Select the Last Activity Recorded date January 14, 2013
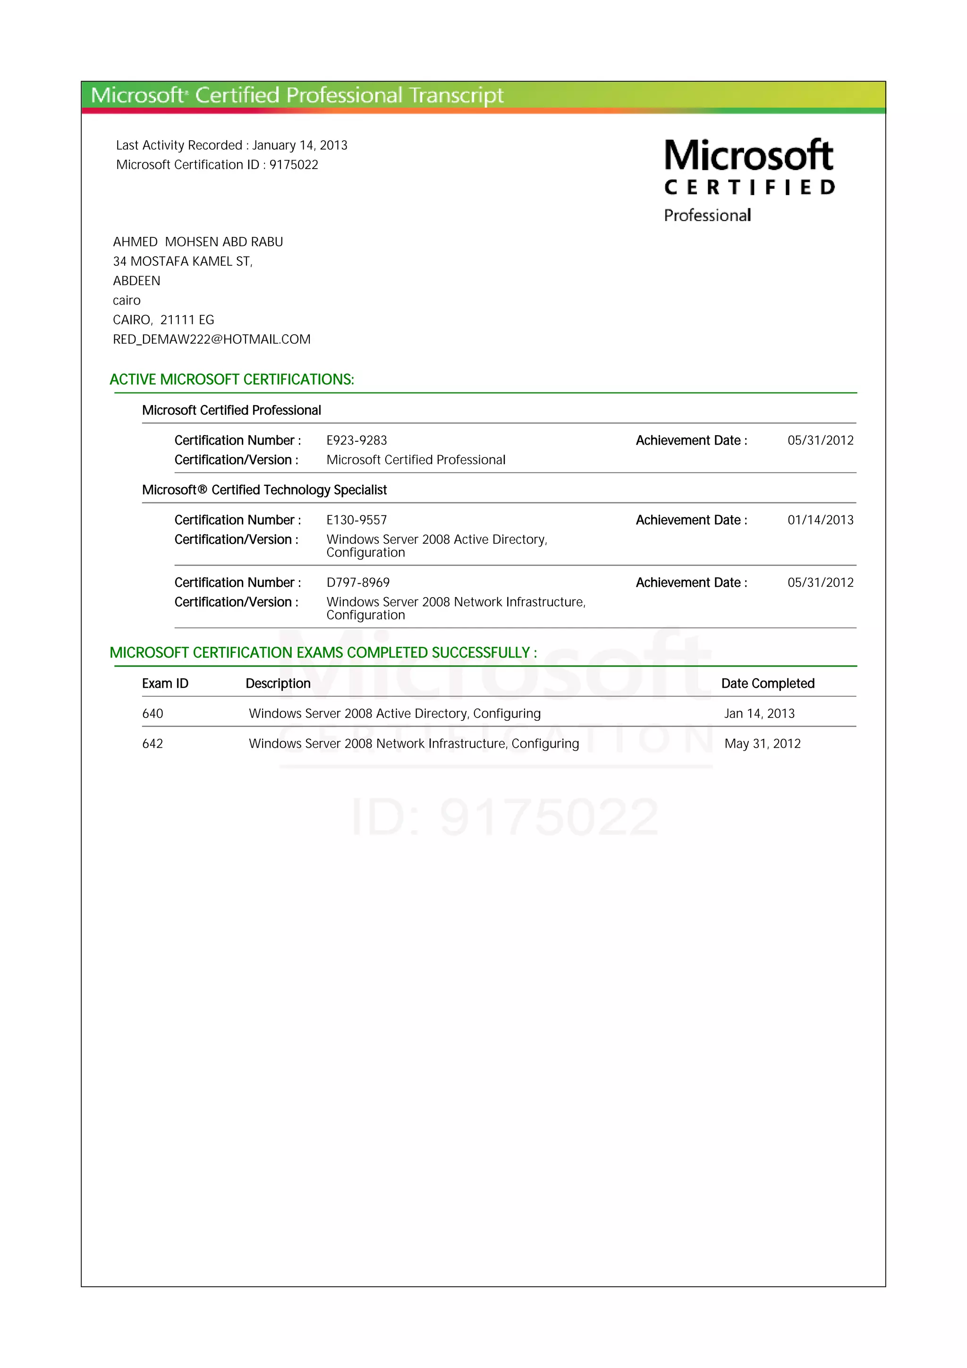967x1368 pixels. point(300,145)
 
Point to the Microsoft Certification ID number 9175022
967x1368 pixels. point(294,165)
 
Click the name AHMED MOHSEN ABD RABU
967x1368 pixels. point(198,242)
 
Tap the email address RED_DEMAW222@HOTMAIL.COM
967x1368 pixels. point(212,339)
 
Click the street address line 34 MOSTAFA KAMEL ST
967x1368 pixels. point(182,262)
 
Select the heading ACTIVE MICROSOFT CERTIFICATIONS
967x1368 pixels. point(232,380)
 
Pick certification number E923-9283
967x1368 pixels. point(356,440)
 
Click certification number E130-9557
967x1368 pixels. point(356,520)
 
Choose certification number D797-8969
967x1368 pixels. point(357,583)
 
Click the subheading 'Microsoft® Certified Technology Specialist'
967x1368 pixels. point(264,490)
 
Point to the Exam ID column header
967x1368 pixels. point(165,684)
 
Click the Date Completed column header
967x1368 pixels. point(767,684)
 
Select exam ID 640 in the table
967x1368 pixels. point(153,714)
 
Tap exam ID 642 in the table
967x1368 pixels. point(153,743)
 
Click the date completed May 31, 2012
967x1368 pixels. point(762,743)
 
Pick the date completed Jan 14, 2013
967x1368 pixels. point(759,714)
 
